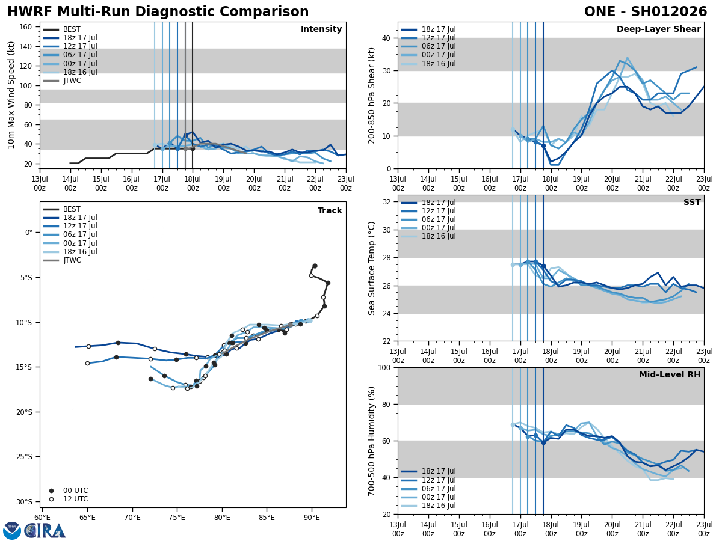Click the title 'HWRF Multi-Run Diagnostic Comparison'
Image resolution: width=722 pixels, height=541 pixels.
click(158, 12)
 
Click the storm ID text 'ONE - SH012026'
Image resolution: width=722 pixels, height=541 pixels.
click(646, 12)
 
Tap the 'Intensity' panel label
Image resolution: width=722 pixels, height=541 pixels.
click(321, 29)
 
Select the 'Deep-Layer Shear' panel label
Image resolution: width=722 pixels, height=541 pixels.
click(658, 29)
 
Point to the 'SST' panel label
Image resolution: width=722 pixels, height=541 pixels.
click(691, 203)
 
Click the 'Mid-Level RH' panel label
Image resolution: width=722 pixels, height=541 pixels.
click(670, 375)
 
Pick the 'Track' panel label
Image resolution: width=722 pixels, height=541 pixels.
click(330, 211)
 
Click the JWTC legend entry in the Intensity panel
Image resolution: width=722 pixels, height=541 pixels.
click(72, 81)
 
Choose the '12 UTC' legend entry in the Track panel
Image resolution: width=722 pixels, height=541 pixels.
click(76, 499)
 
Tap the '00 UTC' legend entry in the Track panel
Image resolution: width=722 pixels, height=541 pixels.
click(76, 491)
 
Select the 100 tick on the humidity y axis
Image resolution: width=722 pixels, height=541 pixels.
click(382, 367)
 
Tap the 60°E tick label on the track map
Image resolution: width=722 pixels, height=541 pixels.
click(42, 517)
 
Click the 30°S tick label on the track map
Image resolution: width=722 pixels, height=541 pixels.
click(25, 501)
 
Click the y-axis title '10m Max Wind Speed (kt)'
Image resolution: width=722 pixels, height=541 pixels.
click(11, 95)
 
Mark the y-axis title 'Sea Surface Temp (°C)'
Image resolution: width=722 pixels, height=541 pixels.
click(372, 268)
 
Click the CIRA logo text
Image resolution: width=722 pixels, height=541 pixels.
click(45, 531)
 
